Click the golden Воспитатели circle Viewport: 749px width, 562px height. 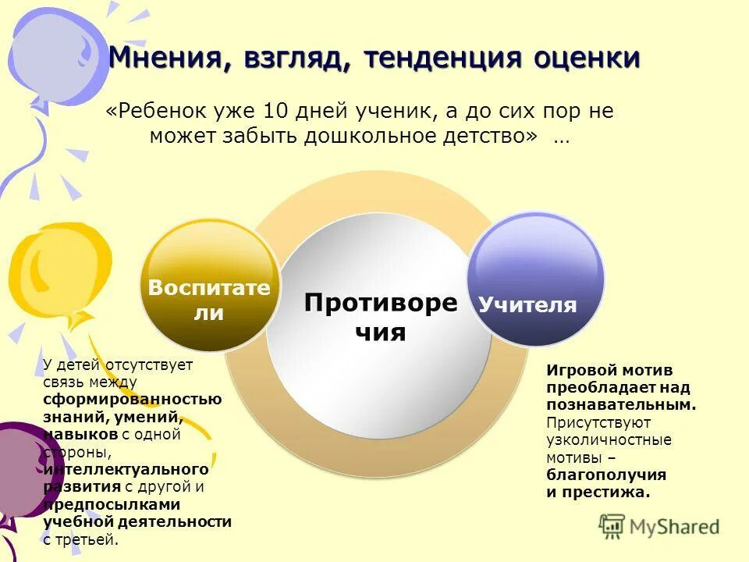tap(209, 286)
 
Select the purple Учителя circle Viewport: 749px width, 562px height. tap(535, 279)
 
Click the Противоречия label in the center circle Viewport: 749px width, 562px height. tap(381, 317)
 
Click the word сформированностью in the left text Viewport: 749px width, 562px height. tap(132, 399)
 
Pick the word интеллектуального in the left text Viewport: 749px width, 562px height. tap(126, 469)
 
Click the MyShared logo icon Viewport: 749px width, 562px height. tap(612, 526)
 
